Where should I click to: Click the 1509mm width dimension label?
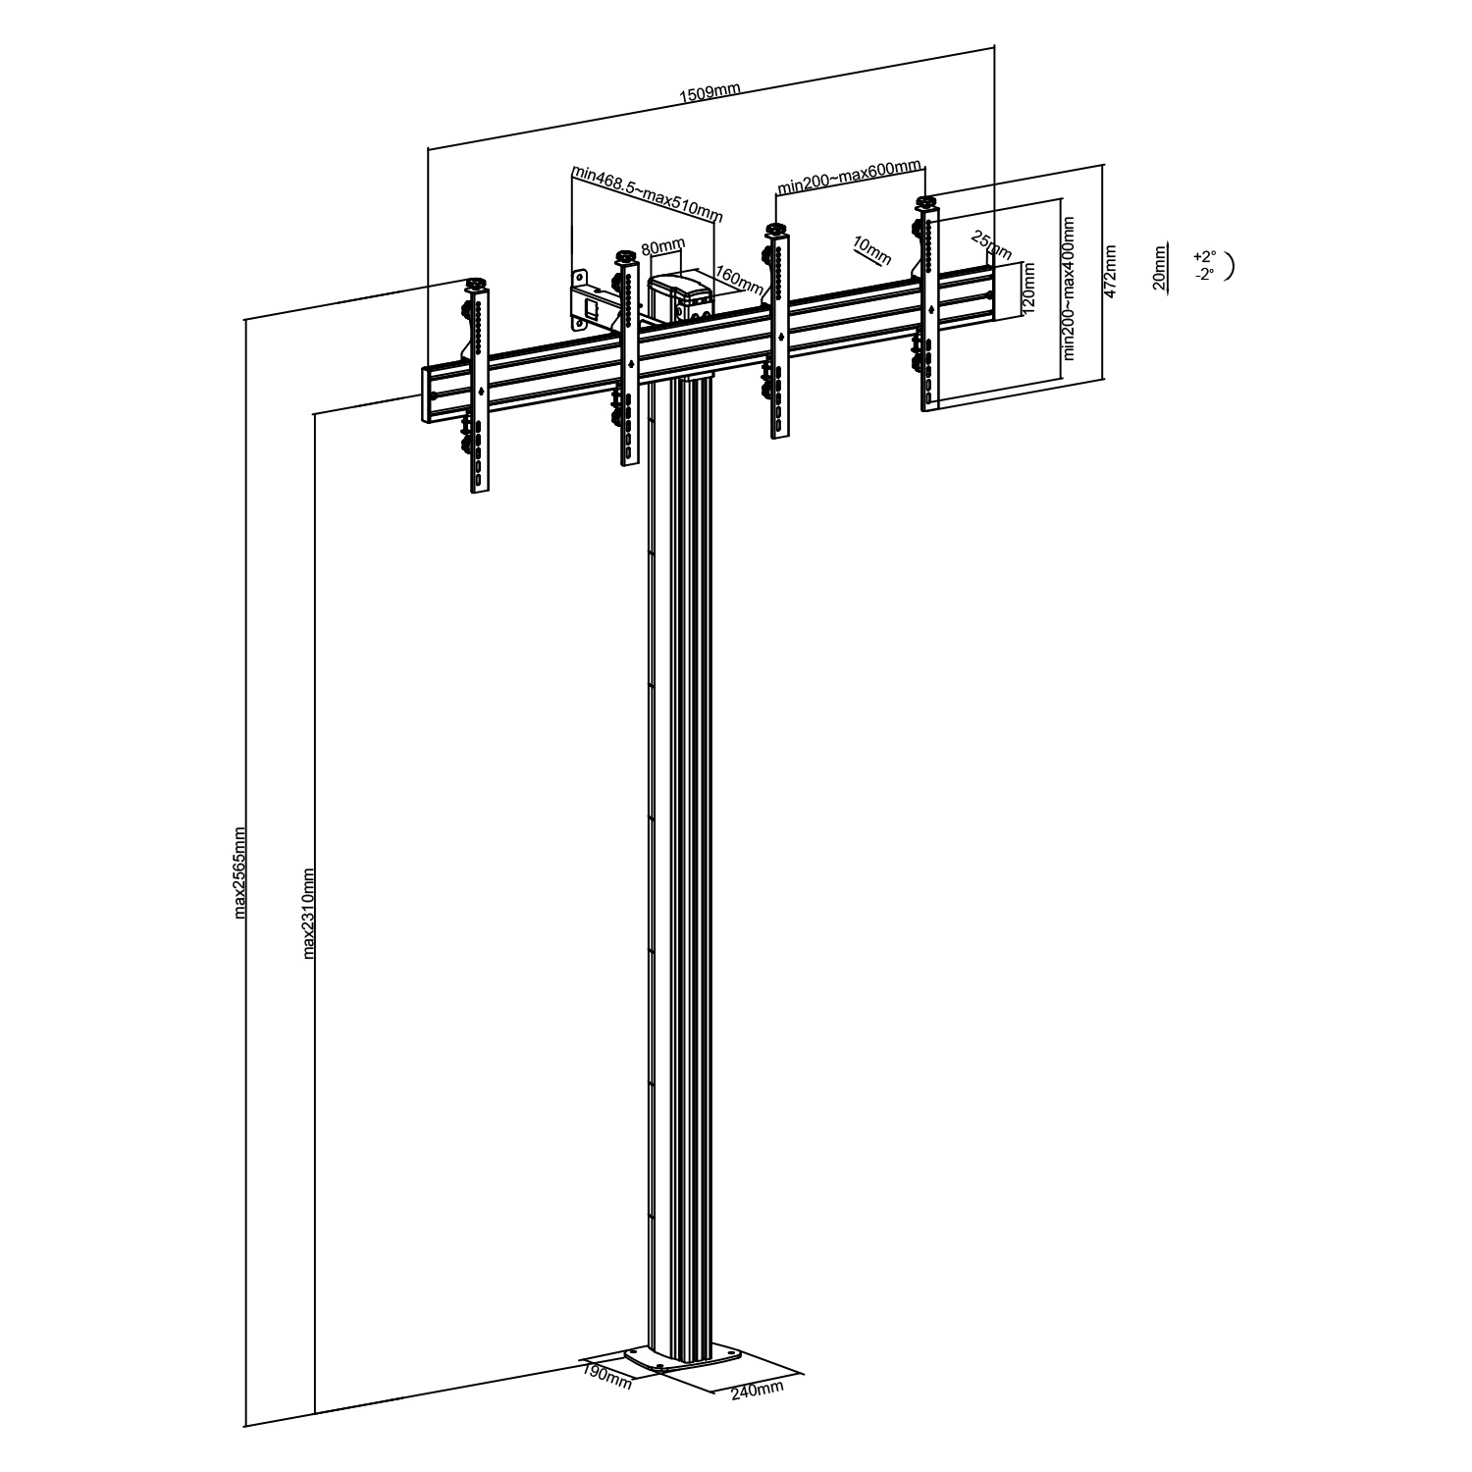click(710, 93)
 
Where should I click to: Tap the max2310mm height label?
click(308, 912)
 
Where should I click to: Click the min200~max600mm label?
click(849, 176)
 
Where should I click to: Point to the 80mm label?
click(662, 248)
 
